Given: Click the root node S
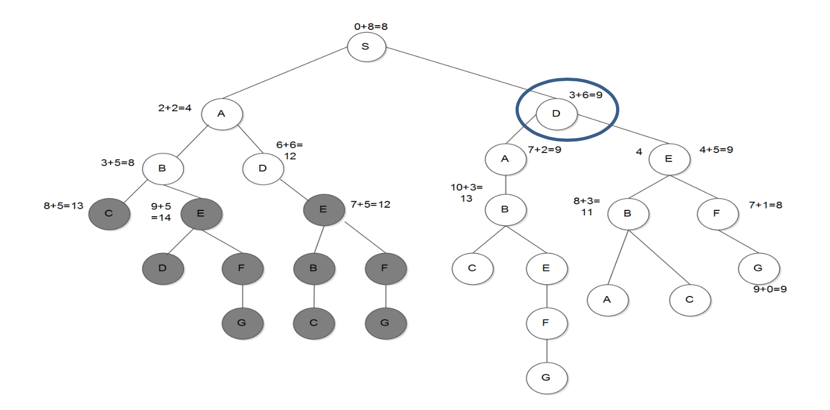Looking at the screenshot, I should (x=366, y=47).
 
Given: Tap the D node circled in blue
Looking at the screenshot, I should (x=556, y=113).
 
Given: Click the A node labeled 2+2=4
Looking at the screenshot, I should (x=222, y=113).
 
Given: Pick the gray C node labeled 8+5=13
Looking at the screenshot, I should (x=109, y=213).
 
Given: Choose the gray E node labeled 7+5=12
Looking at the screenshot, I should (x=323, y=209).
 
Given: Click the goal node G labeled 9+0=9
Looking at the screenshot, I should (x=758, y=268).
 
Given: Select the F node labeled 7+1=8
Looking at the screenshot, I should (x=717, y=213).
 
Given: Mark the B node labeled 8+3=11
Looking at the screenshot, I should (x=628, y=213).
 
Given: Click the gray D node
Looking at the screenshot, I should (x=163, y=267).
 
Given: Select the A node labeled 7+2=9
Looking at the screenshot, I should (x=505, y=159).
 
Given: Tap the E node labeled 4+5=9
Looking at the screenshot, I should (x=669, y=159).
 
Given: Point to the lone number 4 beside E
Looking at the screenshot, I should (x=639, y=152).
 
